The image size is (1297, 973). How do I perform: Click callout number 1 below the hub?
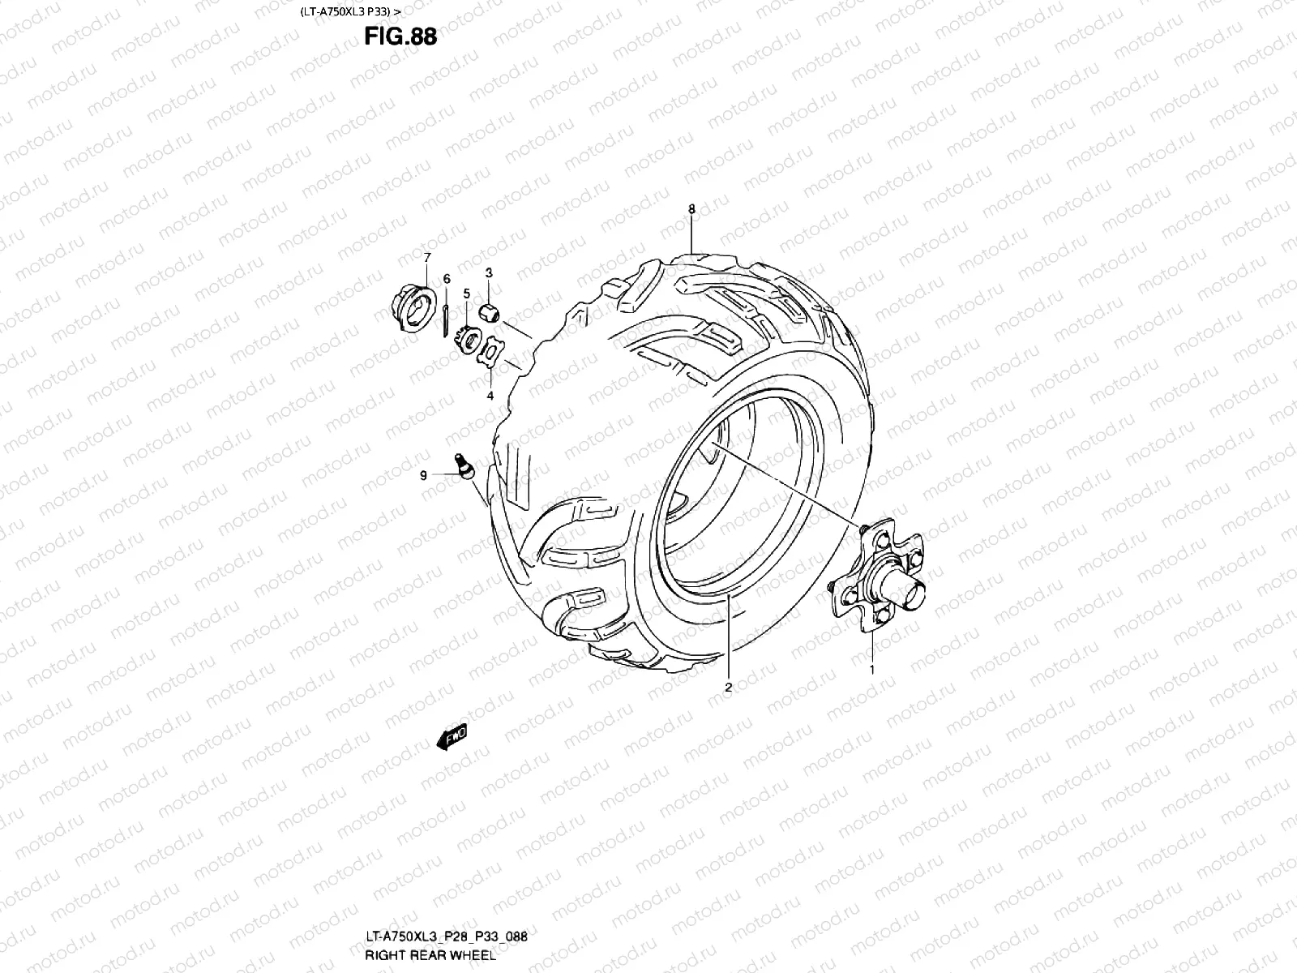pos(872,670)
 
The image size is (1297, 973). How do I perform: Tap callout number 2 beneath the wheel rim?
pos(728,688)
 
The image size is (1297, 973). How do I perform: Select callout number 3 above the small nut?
pos(490,272)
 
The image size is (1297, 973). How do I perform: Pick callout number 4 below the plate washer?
pos(490,396)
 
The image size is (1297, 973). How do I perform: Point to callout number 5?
pos(467,293)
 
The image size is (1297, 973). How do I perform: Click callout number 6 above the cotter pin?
pos(447,278)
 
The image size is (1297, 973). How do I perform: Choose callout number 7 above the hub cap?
pos(427,257)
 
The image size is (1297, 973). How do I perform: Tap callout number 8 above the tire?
pos(691,208)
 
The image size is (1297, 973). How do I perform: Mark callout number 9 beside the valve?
pos(422,477)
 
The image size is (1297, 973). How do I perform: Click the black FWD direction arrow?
pos(451,737)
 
